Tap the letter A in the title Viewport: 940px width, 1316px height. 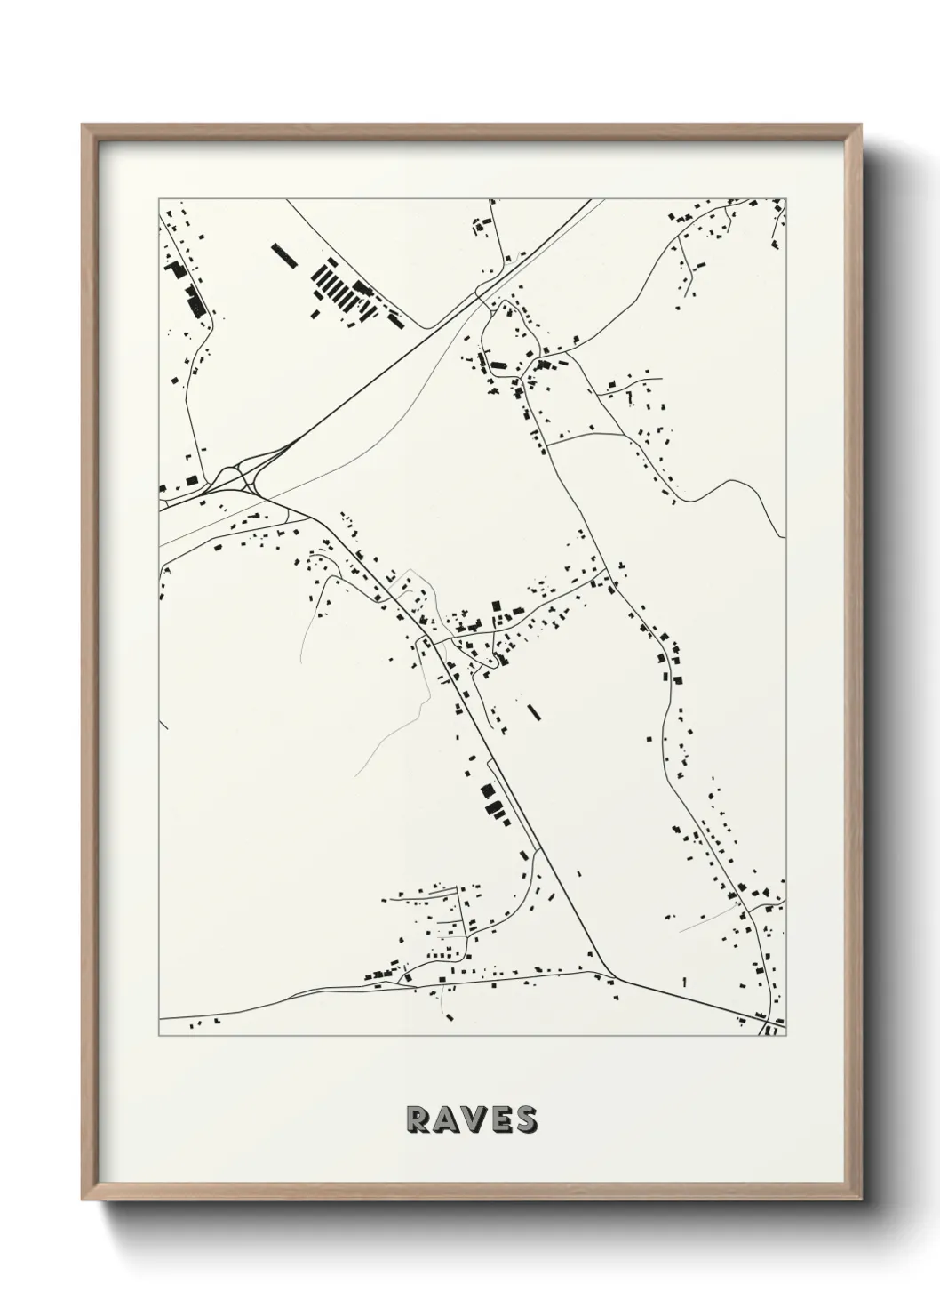[x=445, y=1120]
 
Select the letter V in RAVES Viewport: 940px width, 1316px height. [x=474, y=1120]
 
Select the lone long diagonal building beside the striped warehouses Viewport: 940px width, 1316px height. [x=283, y=255]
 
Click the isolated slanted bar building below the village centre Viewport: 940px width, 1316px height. [x=533, y=711]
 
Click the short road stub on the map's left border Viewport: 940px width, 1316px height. [x=163, y=723]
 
